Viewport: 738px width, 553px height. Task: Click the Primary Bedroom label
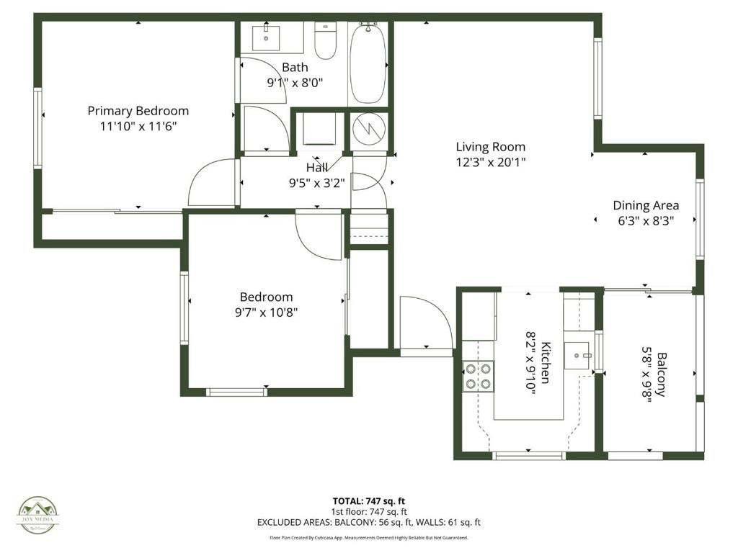[138, 111]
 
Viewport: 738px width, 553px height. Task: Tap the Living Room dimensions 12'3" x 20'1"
[490, 162]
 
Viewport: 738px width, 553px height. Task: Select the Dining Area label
[646, 205]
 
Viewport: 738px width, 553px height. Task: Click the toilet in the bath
[326, 41]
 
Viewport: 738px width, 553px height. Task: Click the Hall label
[317, 168]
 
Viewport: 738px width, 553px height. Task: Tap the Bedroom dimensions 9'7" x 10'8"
[266, 313]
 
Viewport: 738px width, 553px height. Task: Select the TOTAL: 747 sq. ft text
[368, 500]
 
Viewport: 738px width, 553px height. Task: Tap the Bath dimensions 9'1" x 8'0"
[295, 82]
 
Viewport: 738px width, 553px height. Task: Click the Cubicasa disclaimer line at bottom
[368, 537]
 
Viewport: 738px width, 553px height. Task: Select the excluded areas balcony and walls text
[368, 523]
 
